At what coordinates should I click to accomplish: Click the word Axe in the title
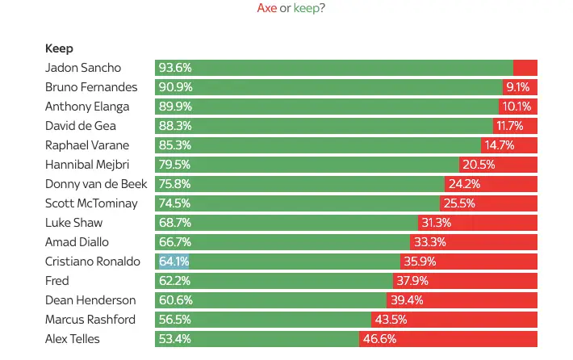(266, 8)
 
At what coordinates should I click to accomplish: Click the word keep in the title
(306, 8)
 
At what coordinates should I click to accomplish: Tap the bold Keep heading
(59, 48)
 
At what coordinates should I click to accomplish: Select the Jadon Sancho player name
(83, 68)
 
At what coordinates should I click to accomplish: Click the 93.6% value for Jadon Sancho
(175, 68)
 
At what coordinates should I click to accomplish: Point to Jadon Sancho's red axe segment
(525, 68)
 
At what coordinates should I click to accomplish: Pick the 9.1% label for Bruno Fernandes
(517, 87)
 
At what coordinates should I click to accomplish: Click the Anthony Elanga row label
(87, 107)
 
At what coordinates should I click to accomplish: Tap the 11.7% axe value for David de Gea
(510, 126)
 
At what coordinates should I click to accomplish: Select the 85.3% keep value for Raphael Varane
(175, 145)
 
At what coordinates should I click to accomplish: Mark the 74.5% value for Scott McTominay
(175, 203)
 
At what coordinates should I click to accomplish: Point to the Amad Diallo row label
(77, 242)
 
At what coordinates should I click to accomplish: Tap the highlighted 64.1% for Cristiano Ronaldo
(174, 262)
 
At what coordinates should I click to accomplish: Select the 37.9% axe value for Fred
(412, 281)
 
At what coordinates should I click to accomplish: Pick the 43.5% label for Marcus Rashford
(390, 320)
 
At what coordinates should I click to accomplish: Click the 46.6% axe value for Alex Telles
(378, 339)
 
